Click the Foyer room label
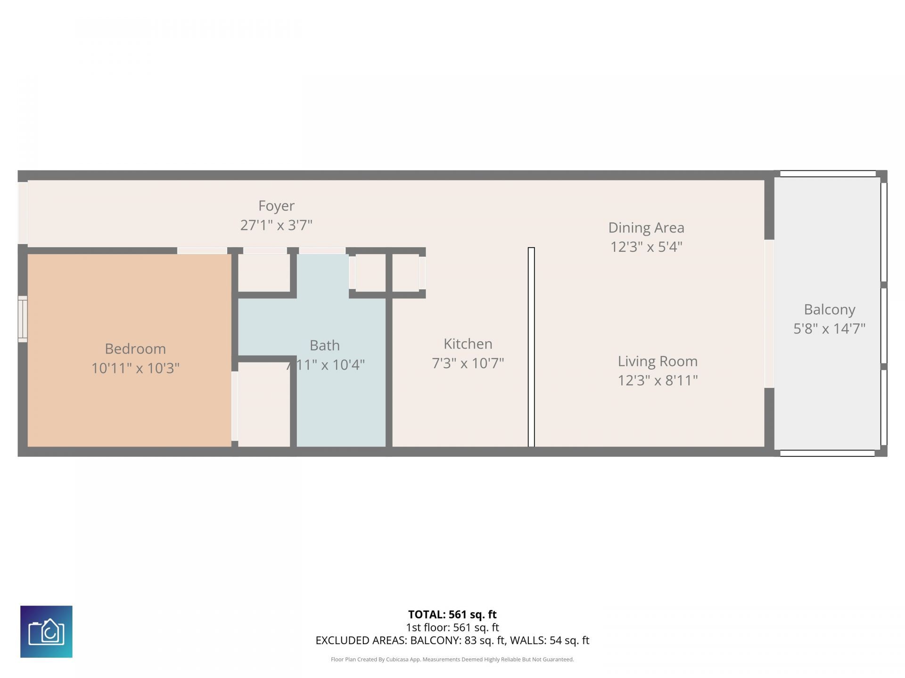276,206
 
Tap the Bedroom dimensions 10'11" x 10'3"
135,368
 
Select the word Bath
324,345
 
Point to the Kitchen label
468,344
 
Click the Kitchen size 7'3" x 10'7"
468,363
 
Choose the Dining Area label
646,227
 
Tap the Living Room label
657,361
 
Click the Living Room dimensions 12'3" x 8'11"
657,380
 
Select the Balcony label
829,309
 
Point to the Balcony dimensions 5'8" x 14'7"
829,328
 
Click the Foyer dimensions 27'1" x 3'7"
276,225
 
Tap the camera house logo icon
46,631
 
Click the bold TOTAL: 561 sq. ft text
452,614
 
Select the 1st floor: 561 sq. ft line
452,627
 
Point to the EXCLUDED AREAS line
452,640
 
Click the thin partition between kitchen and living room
531,347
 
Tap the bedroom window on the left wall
22,318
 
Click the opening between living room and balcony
769,314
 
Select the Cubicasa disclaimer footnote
452,660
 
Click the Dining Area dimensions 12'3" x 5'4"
646,247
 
